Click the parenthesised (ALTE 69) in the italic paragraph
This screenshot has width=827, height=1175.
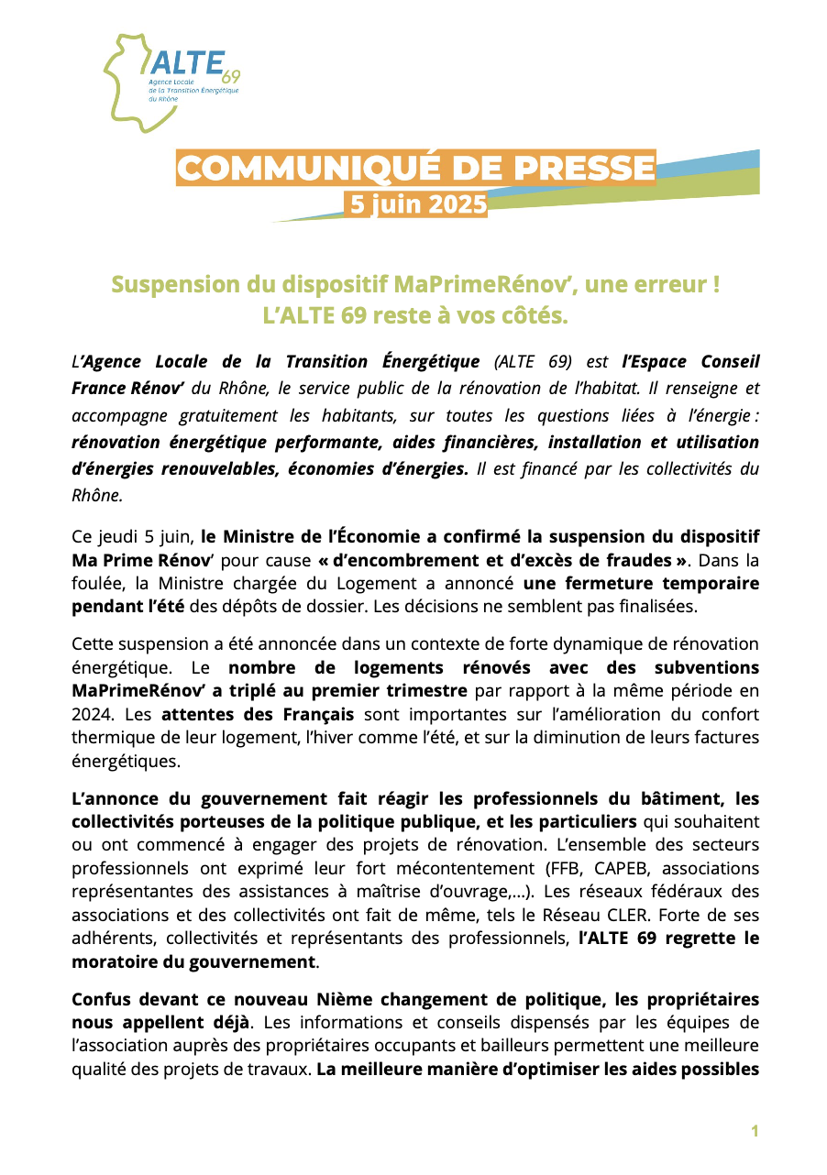pyautogui.click(x=532, y=362)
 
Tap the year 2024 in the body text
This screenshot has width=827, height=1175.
pyautogui.click(x=90, y=713)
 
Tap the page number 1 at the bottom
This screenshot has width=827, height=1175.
pyautogui.click(x=755, y=1131)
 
